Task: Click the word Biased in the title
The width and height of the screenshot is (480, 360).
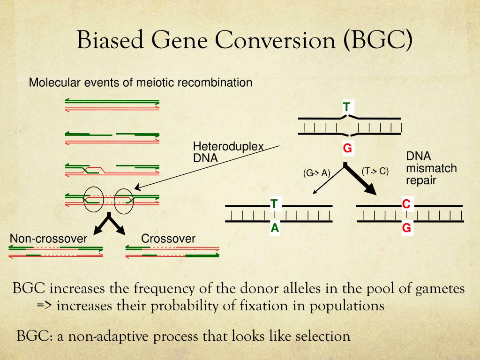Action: (111, 39)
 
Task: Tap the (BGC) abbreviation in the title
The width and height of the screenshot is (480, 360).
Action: (378, 40)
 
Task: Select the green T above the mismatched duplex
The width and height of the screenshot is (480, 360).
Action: (346, 107)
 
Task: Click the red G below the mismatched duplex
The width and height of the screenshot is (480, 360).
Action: (347, 149)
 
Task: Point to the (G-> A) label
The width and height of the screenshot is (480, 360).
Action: (316, 173)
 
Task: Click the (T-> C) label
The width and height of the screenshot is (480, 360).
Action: (375, 171)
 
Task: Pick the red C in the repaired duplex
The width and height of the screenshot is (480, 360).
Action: (406, 204)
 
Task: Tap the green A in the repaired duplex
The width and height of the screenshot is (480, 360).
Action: (275, 228)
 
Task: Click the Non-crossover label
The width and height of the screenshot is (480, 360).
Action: (48, 239)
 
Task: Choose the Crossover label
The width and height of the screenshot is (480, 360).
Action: (168, 239)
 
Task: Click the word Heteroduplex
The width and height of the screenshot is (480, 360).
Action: (228, 146)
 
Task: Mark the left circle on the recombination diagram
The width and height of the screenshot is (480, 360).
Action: (94, 199)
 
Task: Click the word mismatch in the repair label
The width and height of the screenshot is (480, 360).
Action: (431, 168)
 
